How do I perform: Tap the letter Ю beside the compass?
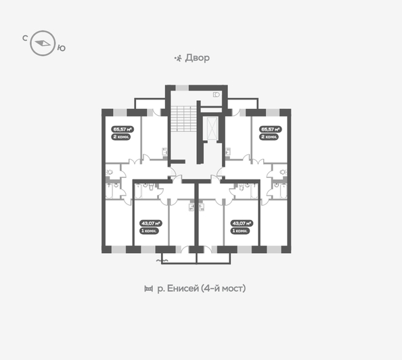61,47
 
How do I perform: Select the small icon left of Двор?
178,58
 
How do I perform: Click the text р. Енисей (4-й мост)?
201,288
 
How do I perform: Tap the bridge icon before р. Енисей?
149,289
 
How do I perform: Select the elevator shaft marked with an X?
212,129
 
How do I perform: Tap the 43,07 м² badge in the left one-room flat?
150,223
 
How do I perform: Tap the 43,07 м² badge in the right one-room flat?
242,223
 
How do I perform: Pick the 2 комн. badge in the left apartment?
122,137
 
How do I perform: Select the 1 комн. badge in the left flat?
150,231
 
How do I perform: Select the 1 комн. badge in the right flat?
242,231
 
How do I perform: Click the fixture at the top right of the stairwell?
217,95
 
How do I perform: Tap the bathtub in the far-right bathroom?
277,192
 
